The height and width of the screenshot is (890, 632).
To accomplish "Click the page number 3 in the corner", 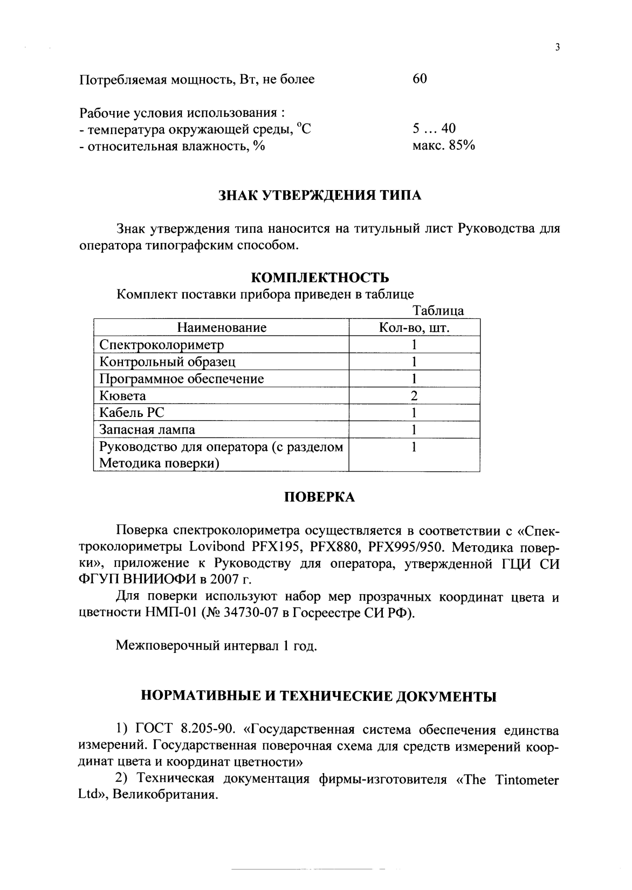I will coord(558,47).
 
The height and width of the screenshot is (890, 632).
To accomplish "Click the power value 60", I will coord(420,79).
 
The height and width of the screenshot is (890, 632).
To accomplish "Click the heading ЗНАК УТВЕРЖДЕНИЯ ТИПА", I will coord(320,196).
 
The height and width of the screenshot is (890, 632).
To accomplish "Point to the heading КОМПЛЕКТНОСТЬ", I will coord(320,278).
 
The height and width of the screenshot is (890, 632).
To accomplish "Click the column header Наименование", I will coord(222,328).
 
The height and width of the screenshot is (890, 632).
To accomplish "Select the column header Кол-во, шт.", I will coord(414,328).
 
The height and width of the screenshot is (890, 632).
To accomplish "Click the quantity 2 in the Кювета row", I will coord(414,396).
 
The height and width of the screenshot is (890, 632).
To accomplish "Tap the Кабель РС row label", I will coord(132,413).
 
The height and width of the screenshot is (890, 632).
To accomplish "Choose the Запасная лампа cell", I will coord(147,430).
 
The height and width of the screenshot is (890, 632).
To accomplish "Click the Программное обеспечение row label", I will coord(182,379).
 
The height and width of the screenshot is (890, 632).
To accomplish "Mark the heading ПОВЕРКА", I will coord(320,497).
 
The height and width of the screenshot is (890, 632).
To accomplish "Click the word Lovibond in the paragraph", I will coord(217,547).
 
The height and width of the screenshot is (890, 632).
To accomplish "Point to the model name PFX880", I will coord(334,547).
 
